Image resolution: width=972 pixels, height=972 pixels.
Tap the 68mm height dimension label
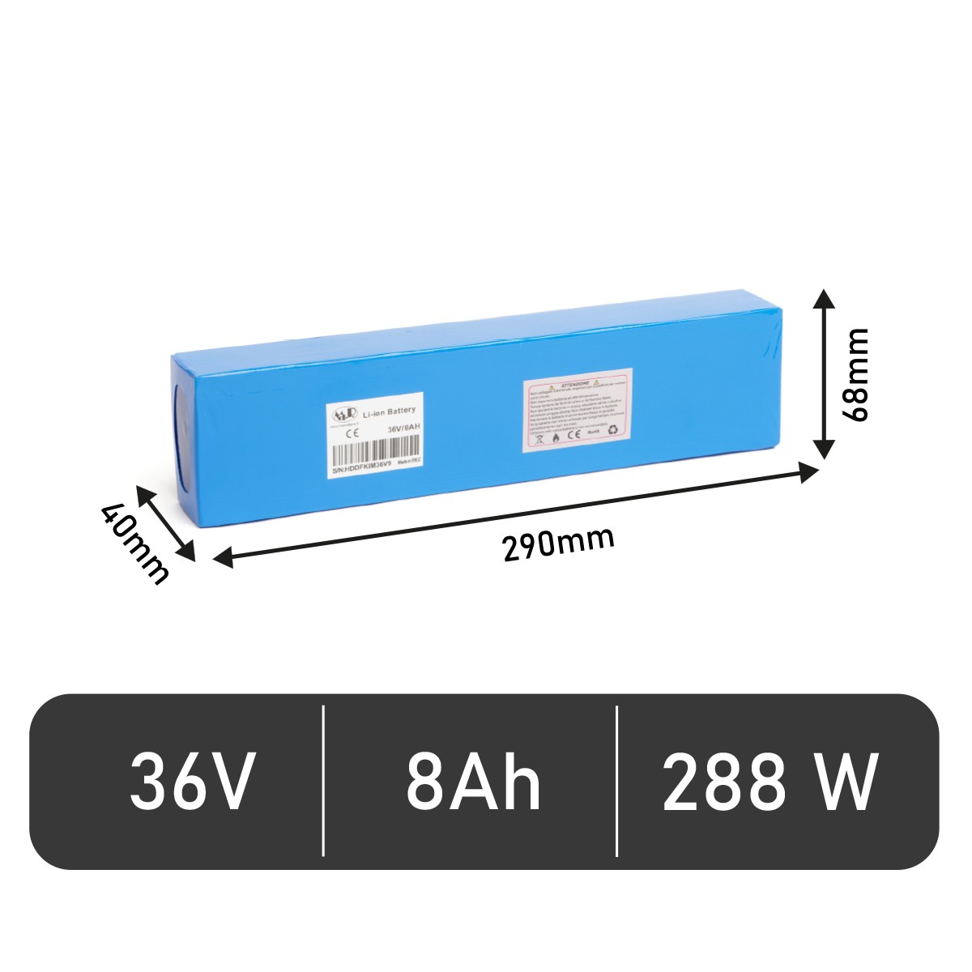click(x=855, y=373)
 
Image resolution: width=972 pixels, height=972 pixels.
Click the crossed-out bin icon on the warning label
click(x=535, y=438)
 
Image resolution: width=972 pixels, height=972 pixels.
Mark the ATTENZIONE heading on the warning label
click(x=574, y=381)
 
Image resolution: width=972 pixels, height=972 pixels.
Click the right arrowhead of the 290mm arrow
click(x=811, y=471)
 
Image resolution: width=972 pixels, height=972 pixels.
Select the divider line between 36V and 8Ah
click(x=323, y=781)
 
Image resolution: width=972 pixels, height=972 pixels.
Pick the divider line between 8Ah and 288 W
click(x=617, y=781)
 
